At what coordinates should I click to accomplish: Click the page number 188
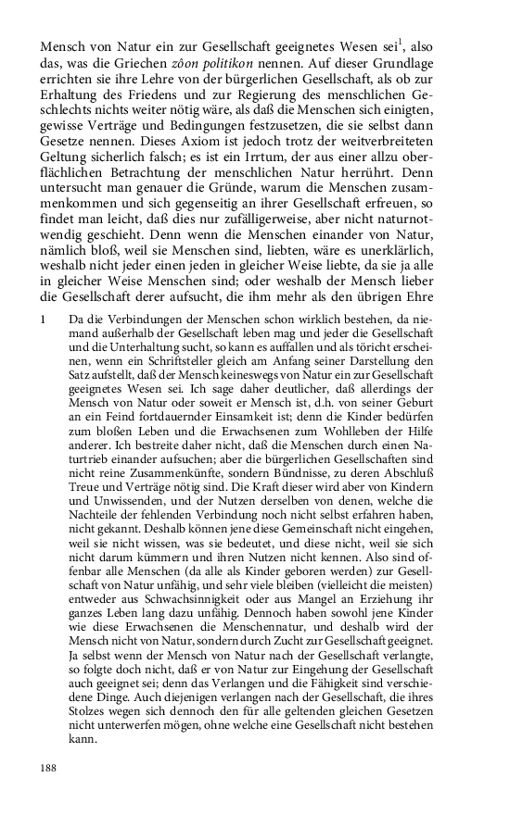48,768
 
